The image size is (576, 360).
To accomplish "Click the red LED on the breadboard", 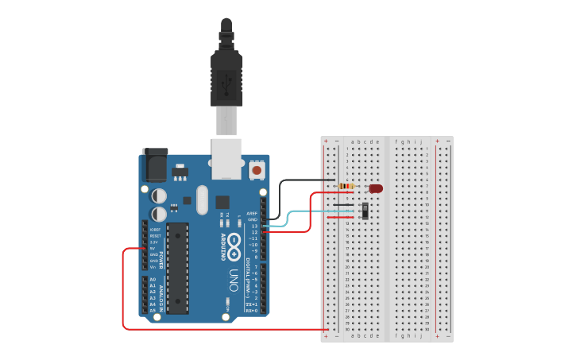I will (x=376, y=188).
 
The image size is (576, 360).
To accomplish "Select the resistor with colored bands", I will (x=346, y=186).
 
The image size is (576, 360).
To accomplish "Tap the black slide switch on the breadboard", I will (x=365, y=211).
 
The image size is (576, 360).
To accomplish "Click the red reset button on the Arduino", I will (x=257, y=169).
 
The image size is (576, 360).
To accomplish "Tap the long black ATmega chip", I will (x=177, y=267).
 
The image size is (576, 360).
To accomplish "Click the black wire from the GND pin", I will (x=280, y=199).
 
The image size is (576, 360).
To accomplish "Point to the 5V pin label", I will (x=153, y=248).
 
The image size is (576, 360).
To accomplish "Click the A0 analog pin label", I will (x=153, y=280).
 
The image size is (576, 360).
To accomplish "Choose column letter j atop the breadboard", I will (x=420, y=142).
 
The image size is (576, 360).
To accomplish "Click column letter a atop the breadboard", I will (x=352, y=142).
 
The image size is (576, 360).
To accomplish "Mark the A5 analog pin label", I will (x=153, y=310).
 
